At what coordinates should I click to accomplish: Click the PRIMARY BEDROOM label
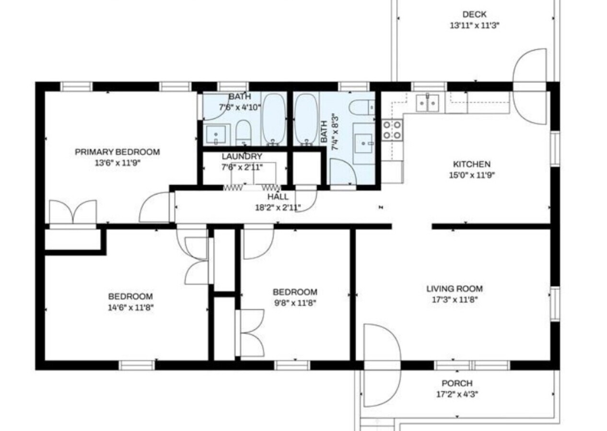pyautogui.click(x=117, y=152)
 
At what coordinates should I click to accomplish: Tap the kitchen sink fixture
pyautogui.click(x=427, y=102)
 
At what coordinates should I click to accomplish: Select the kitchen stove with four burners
pyautogui.click(x=392, y=129)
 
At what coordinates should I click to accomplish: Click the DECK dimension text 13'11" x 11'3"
pyautogui.click(x=474, y=26)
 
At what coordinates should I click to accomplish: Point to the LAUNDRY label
pyautogui.click(x=242, y=157)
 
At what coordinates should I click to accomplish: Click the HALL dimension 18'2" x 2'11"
pyautogui.click(x=278, y=207)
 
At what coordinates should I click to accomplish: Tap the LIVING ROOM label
pyautogui.click(x=455, y=289)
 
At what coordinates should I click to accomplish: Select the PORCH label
pyautogui.click(x=456, y=383)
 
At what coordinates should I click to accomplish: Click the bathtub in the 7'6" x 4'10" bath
pyautogui.click(x=274, y=118)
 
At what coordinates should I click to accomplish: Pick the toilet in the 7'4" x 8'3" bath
pyautogui.click(x=362, y=107)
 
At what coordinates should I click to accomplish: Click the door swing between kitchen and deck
pyautogui.click(x=529, y=87)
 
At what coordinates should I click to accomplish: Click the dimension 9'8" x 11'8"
pyautogui.click(x=295, y=303)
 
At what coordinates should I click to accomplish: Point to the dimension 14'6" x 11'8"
pyautogui.click(x=130, y=307)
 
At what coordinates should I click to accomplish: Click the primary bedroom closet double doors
pyautogui.click(x=73, y=212)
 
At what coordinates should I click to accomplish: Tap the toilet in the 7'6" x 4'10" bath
pyautogui.click(x=244, y=132)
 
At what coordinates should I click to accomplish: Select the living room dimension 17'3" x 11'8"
pyautogui.click(x=455, y=300)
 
